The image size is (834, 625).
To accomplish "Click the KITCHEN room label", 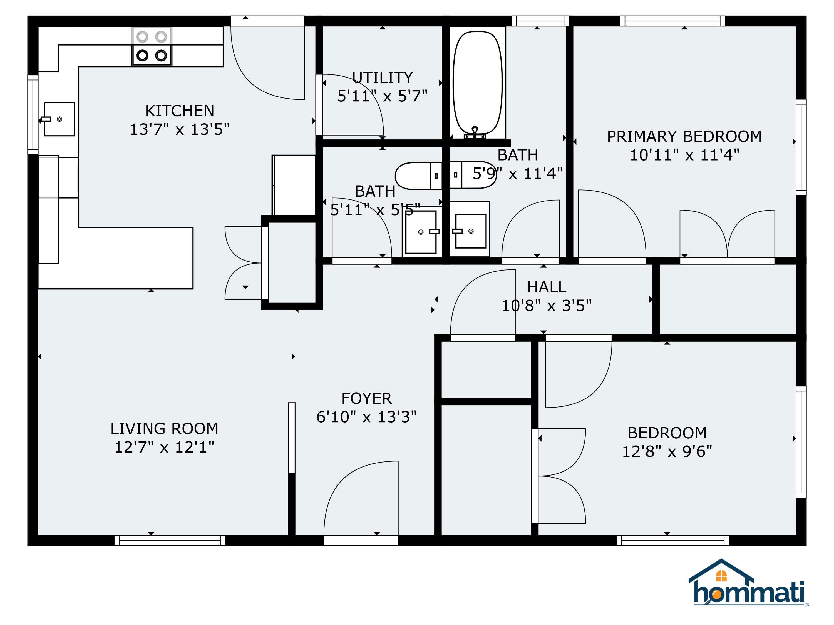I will pos(180,111).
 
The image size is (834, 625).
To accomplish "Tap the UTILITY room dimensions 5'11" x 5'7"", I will pos(382,96).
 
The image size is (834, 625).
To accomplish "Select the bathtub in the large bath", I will pos(477,83).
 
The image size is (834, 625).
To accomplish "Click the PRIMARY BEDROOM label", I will pos(684,136).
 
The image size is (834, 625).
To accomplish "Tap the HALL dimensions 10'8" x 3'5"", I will pos(546,306).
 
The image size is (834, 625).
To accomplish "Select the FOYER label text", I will pos(366,398).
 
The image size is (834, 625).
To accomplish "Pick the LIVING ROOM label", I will pos(164,428).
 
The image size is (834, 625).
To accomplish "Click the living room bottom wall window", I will pos(170,540).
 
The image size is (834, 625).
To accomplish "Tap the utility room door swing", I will pos(351,106).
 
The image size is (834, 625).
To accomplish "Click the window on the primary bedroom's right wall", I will pos(801,147).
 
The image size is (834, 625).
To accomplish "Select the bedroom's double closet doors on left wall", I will pos(560,476).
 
